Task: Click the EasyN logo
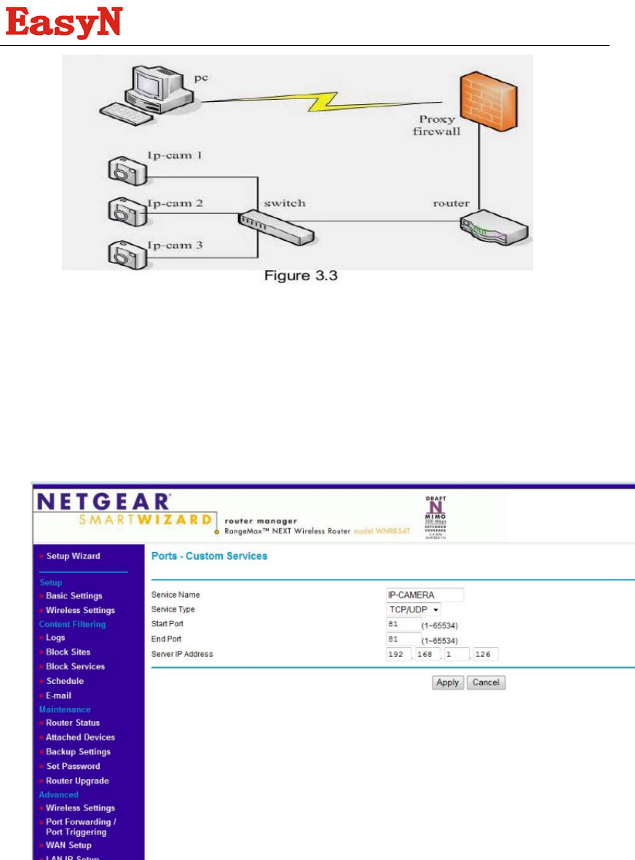(64, 23)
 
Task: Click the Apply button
(447, 682)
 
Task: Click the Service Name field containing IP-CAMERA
(425, 595)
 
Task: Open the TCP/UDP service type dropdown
(414, 610)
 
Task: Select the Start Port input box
(403, 624)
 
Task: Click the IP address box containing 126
(484, 654)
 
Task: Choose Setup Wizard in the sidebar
(74, 556)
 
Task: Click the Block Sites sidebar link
(68, 652)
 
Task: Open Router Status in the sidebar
(73, 722)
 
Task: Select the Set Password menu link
(73, 766)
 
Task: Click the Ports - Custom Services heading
(209, 556)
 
